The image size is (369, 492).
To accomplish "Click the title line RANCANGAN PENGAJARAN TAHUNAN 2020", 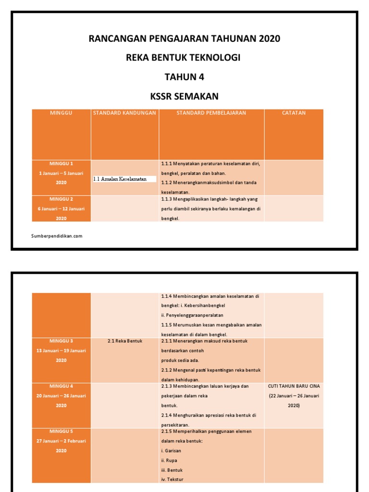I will coord(184,39).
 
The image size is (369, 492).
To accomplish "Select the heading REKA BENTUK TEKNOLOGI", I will coord(183,58).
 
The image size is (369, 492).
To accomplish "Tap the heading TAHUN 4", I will coord(184,77).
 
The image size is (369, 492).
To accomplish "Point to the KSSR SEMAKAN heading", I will coord(184,97).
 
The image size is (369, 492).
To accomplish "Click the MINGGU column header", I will coord(61,113).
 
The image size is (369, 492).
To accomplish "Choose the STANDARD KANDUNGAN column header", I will coord(124,113).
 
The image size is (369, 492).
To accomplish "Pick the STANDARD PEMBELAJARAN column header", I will coord(211,113).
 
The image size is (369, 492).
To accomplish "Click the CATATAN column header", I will coord(294,113).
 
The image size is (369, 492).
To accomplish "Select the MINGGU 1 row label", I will coord(61,163).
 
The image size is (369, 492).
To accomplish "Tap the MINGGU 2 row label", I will coord(61,199).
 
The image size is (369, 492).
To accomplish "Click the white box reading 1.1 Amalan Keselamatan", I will coord(124,179).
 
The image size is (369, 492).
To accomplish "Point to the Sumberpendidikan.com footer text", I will coord(57,236).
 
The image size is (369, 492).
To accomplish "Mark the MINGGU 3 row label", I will coord(61,341).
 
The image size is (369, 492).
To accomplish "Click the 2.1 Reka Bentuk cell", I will coord(125,341).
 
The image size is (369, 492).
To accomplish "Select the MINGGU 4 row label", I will coord(61,386).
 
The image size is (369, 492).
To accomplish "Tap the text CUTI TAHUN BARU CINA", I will coord(294,386).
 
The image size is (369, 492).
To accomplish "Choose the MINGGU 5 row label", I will coord(61,431).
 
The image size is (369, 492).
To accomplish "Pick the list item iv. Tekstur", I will coord(172,480).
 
